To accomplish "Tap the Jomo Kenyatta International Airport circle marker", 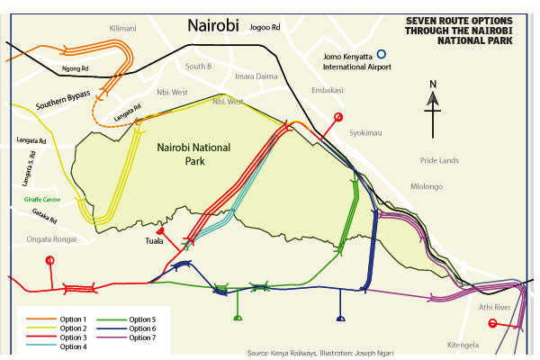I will click(x=381, y=55).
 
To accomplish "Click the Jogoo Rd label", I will click(x=265, y=28).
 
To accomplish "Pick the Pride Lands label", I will click(x=439, y=159).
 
